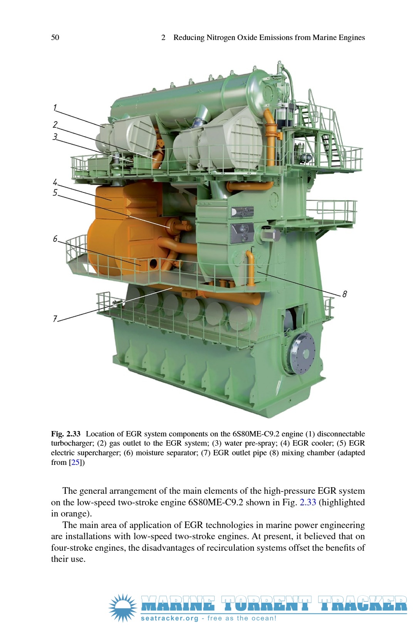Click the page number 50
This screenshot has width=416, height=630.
click(x=55, y=38)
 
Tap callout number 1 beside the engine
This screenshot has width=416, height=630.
click(x=55, y=107)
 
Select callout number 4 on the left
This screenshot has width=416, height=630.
click(x=55, y=182)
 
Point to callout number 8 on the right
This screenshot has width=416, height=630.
click(x=344, y=294)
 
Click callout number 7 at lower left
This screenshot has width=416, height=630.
click(x=55, y=319)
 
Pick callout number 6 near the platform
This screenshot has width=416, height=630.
click(x=55, y=239)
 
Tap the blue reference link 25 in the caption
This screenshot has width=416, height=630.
click(x=75, y=462)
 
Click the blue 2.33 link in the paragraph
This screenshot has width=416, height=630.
click(x=308, y=502)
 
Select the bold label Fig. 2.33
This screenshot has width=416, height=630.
click(x=65, y=434)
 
